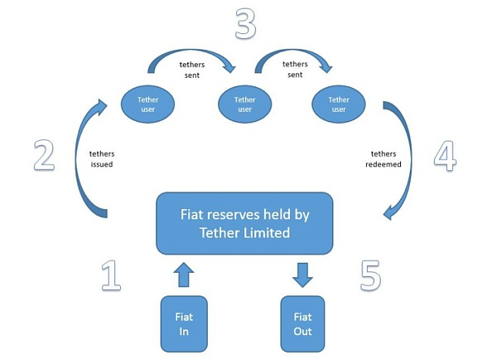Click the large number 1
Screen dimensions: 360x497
[111, 275]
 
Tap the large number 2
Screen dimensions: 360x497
[43, 155]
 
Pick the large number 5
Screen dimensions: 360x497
[370, 275]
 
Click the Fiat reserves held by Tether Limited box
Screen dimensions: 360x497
[244, 223]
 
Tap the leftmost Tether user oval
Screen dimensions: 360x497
[148, 104]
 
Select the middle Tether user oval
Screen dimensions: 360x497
[244, 104]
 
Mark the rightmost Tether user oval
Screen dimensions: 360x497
[339, 104]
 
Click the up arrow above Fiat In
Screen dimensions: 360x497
[184, 273]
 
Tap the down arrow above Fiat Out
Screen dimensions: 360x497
[302, 273]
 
